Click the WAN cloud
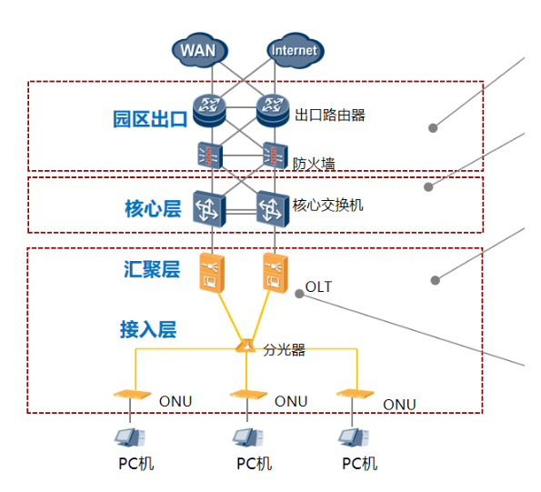click(x=198, y=49)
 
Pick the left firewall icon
click(x=209, y=155)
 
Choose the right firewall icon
click(x=274, y=155)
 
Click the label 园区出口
click(x=149, y=119)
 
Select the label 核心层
click(x=153, y=209)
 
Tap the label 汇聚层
click(x=152, y=269)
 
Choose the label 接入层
click(x=147, y=329)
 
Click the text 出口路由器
click(x=329, y=115)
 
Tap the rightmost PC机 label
click(x=359, y=464)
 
